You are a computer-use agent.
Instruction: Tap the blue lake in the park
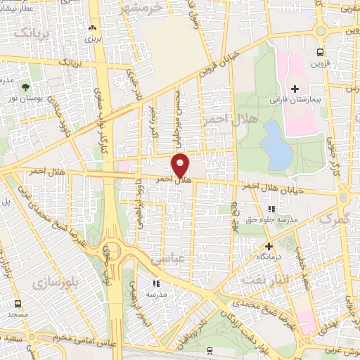pos(275,144)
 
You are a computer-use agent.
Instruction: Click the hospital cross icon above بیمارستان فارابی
pos(295,89)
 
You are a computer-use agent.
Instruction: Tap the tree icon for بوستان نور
pos(26,88)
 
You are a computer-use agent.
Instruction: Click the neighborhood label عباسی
pos(166,259)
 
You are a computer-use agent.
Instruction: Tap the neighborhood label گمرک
pos(334,219)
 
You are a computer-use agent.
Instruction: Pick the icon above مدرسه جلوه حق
pos(271,209)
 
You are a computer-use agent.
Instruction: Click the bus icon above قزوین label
pos(321,52)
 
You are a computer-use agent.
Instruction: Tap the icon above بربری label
pos(94,28)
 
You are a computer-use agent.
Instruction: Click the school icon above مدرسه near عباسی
pos(156,283)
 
